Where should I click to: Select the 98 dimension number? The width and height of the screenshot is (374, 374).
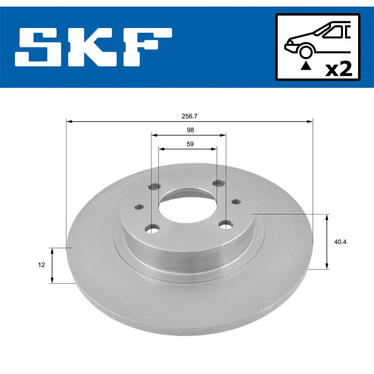(x=190, y=130)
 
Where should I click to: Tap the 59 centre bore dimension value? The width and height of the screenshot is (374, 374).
(x=190, y=144)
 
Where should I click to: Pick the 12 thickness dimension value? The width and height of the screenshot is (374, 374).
(x=42, y=265)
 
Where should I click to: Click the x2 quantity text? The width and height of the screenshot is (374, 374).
(x=338, y=69)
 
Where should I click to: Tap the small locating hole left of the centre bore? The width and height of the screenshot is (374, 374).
(x=138, y=207)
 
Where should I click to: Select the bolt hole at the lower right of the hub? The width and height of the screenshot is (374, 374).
(x=226, y=225)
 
